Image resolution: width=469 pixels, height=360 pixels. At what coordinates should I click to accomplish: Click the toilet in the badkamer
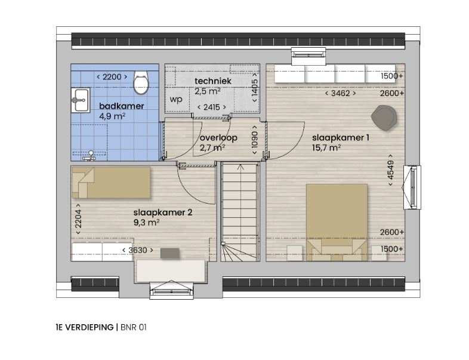pos(141,82)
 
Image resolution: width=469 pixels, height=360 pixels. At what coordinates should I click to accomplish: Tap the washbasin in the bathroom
pos(81,100)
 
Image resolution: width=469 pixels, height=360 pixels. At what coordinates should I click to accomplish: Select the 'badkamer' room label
pos(122,106)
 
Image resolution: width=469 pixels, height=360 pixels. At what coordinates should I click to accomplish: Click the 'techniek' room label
pos(213,81)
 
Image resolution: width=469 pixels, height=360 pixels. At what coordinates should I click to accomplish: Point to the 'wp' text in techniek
pos(176,99)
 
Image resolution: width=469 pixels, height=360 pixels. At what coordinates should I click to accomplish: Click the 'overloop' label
pos(218,138)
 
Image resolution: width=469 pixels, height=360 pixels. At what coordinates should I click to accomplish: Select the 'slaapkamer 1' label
pos(340,138)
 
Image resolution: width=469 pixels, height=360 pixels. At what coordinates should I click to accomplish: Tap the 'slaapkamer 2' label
pos(163,213)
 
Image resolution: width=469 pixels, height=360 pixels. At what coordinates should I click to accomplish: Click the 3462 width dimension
pos(340,93)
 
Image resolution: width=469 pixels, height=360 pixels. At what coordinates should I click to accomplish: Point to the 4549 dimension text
pos(390,170)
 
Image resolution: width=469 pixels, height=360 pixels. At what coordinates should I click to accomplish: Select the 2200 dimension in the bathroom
pos(112,77)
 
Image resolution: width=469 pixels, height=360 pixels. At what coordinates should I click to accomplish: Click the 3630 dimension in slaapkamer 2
pos(138,250)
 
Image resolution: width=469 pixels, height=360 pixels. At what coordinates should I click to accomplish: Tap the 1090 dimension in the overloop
pos(255,140)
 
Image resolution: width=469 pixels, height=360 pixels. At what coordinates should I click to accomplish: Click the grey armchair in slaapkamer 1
pos(384,118)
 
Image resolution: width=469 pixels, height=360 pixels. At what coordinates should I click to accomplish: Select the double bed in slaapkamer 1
pos(337,222)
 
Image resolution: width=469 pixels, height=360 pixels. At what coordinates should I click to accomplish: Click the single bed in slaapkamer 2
pos(111,183)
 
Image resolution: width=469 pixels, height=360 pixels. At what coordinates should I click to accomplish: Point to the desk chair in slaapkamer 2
pos(170,253)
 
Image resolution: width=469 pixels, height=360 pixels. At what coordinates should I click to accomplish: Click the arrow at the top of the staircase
pos(240,168)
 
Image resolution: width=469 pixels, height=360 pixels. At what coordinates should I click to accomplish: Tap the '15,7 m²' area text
pos(326,147)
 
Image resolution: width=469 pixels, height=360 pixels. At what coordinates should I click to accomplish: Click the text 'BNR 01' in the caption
pos(134,327)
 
